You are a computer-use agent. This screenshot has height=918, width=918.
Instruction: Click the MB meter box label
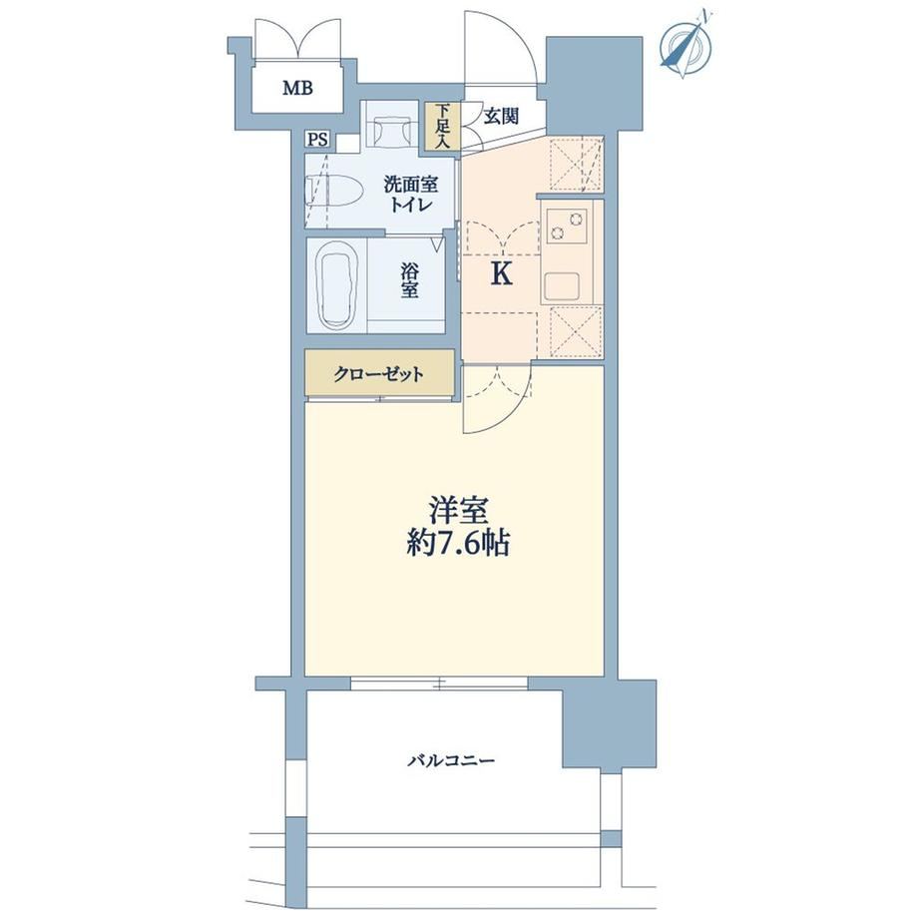(298, 88)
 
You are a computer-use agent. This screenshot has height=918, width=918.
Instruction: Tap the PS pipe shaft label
(318, 140)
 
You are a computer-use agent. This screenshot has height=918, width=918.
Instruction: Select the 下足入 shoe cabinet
(443, 128)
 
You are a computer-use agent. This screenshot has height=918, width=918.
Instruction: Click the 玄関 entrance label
(501, 116)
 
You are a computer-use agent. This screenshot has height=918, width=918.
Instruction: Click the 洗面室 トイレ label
(410, 195)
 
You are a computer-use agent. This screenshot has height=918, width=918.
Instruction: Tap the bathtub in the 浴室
(335, 286)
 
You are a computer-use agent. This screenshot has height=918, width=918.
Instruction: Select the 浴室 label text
(409, 280)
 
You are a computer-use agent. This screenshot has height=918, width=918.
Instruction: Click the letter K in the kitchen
(502, 273)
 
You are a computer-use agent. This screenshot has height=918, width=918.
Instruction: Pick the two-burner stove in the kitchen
(567, 226)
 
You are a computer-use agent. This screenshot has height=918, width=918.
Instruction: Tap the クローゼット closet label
(378, 373)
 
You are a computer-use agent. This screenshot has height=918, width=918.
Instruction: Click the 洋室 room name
(458, 511)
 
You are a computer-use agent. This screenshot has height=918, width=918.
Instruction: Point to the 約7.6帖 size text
(458, 543)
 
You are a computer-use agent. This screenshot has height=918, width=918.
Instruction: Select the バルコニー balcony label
(451, 760)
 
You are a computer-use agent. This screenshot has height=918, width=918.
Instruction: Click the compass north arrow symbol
(686, 45)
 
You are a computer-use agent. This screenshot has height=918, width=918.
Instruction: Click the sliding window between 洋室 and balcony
(439, 683)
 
